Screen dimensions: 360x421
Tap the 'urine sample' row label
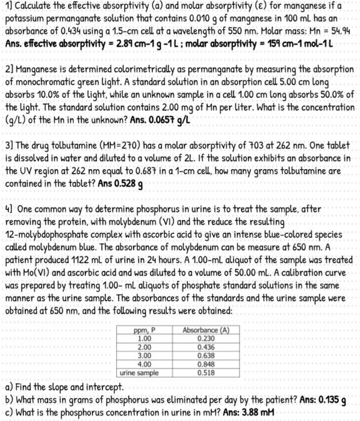pyautogui.click(x=140, y=372)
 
